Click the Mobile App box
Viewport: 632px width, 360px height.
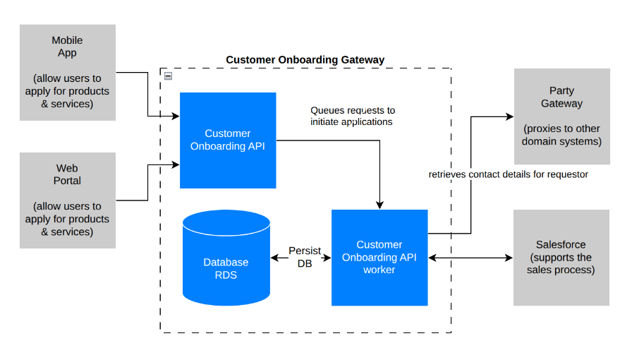(67, 73)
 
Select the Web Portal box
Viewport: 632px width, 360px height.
(67, 200)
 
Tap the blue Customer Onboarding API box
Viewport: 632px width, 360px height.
(228, 140)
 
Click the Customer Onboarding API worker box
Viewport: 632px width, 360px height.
(379, 257)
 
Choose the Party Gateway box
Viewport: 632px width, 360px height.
(561, 116)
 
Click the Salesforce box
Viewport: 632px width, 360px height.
(561, 257)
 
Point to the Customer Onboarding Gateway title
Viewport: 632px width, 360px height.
(305, 60)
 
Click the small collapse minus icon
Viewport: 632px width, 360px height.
(168, 76)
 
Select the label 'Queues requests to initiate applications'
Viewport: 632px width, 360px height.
(353, 116)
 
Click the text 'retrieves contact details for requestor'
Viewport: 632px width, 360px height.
(508, 174)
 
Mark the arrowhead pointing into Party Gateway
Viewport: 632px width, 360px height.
(509, 116)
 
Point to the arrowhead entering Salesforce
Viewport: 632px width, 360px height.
(509, 258)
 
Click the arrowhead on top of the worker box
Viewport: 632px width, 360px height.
(379, 205)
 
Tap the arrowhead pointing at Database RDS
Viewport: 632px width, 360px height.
(274, 258)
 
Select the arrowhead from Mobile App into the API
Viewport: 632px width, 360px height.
(175, 116)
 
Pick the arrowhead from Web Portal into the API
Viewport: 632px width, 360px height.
(175, 165)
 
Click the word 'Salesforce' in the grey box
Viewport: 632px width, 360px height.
(561, 245)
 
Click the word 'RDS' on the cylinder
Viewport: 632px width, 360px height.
(226, 275)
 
